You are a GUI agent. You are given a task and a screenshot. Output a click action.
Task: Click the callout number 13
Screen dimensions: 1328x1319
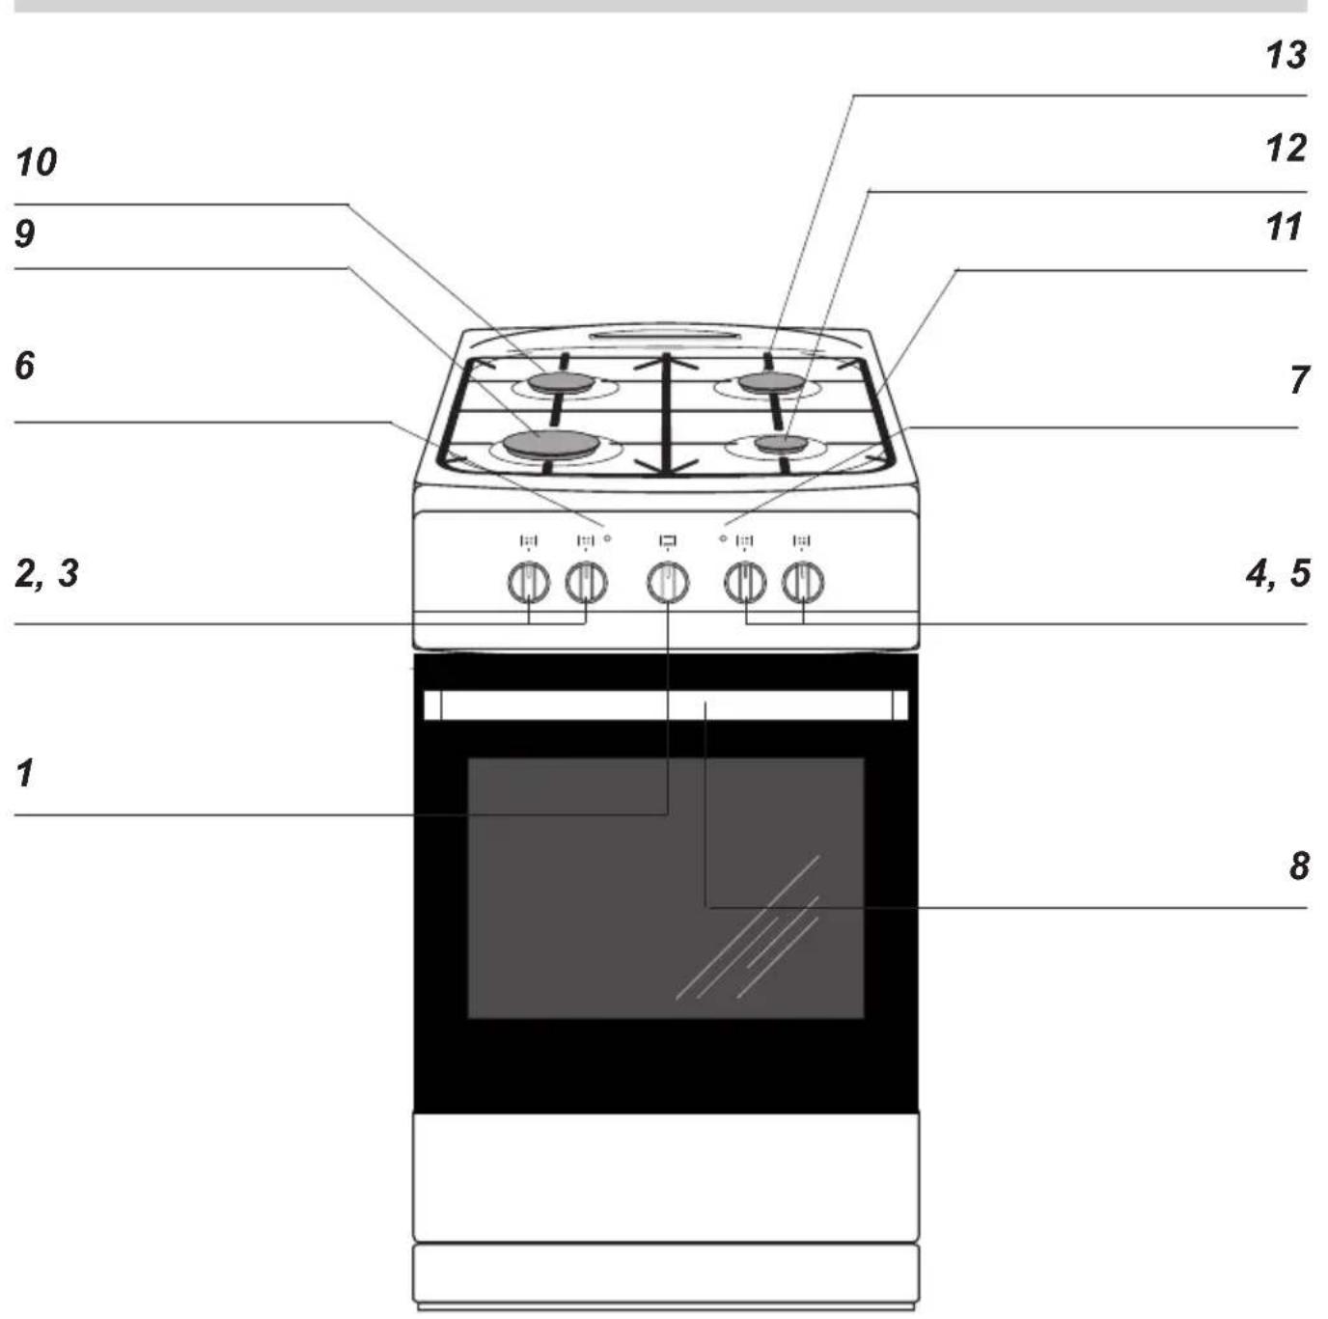click(1286, 56)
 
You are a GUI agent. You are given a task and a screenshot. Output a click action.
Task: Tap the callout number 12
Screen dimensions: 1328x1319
click(1286, 149)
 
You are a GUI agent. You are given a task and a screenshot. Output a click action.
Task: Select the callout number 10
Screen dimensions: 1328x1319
click(36, 163)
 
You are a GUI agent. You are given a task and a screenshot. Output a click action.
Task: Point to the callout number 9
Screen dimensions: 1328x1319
click(25, 234)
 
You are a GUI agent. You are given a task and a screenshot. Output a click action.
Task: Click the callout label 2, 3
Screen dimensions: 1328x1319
click(47, 574)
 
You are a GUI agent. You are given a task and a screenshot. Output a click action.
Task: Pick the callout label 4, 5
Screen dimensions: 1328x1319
click(1278, 574)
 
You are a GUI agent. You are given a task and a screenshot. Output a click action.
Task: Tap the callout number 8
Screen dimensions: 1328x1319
click(1299, 866)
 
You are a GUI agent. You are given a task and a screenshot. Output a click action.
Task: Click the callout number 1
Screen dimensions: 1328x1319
click(25, 773)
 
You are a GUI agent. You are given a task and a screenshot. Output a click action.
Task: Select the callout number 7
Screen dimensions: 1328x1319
click(1299, 380)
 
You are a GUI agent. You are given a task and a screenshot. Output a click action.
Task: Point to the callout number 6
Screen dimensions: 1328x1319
click(25, 366)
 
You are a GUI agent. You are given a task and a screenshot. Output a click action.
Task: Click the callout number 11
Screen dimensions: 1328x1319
click(1284, 227)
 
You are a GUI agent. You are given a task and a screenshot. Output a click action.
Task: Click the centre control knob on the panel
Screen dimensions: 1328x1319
click(667, 583)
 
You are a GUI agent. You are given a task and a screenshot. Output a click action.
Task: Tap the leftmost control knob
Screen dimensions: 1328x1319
click(529, 583)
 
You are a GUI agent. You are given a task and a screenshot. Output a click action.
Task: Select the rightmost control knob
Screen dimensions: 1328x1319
click(803, 583)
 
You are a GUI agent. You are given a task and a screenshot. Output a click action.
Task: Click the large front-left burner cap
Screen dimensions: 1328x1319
click(550, 443)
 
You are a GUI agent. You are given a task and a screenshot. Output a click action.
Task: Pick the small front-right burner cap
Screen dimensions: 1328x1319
click(781, 443)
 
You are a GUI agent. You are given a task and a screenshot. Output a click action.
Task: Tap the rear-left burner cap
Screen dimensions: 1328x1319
click(561, 382)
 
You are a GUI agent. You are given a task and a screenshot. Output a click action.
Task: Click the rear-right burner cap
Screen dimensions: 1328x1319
click(771, 381)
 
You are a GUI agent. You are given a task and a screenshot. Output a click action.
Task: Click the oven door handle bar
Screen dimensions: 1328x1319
click(666, 705)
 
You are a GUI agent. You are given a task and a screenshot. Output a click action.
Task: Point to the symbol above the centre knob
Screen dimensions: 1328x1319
click(667, 541)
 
